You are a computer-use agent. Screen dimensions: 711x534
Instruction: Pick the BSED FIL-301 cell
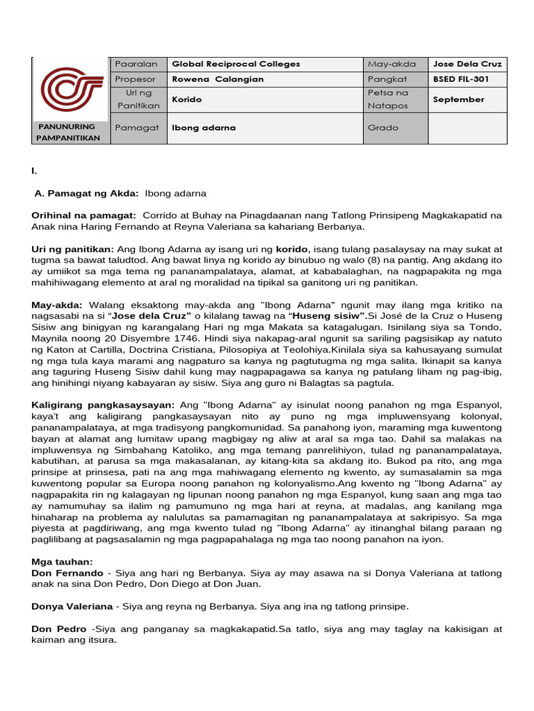point(460,79)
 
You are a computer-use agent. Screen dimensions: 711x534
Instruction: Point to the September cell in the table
point(458,99)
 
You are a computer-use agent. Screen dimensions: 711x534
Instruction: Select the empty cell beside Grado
point(467,128)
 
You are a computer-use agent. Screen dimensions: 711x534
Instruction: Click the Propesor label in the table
point(138,79)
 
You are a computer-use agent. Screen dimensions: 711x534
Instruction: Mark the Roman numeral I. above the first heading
point(34,171)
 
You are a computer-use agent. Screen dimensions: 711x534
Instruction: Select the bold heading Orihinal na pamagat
point(84,216)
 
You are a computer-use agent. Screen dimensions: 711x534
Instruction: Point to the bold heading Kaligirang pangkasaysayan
point(102,404)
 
